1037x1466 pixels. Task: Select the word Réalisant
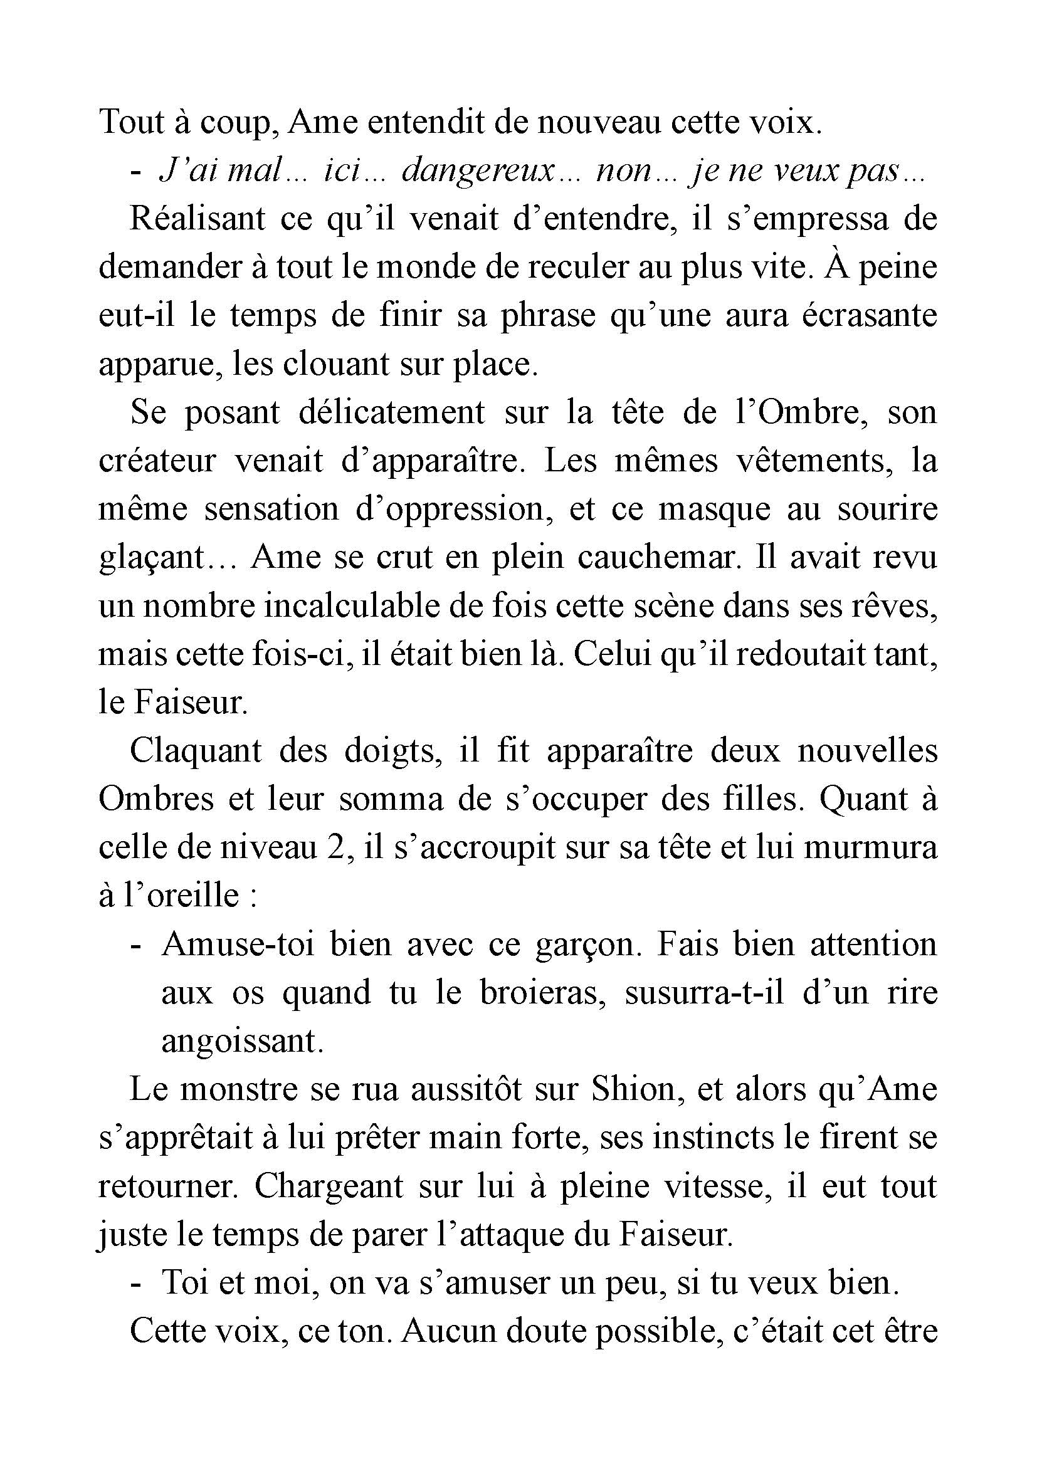pyautogui.click(x=197, y=219)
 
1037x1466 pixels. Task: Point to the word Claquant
pyautogui.click(x=196, y=751)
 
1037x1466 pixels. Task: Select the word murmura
pyautogui.click(x=871, y=848)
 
